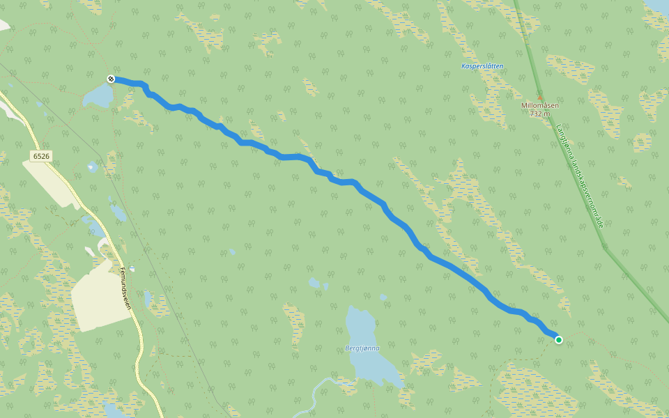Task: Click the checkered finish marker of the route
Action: coord(111,79)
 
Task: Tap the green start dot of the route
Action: coord(559,339)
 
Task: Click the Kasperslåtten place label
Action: coord(482,66)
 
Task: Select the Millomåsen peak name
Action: coord(540,105)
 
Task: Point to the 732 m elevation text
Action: coord(540,113)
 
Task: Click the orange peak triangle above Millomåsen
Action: coord(539,97)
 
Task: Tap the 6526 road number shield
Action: coord(40,156)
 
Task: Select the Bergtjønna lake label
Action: coord(362,348)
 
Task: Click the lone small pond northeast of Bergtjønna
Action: coord(383,297)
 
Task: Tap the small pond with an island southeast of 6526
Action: coord(92,167)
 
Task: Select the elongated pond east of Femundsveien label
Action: coord(148,299)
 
